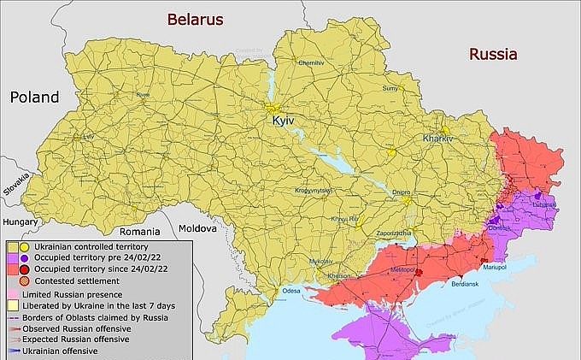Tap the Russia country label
point(493,54)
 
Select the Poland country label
point(35,97)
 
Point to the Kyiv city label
point(283,122)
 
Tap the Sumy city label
point(390,88)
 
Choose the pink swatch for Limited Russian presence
point(12,292)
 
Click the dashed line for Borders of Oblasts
point(13,316)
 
